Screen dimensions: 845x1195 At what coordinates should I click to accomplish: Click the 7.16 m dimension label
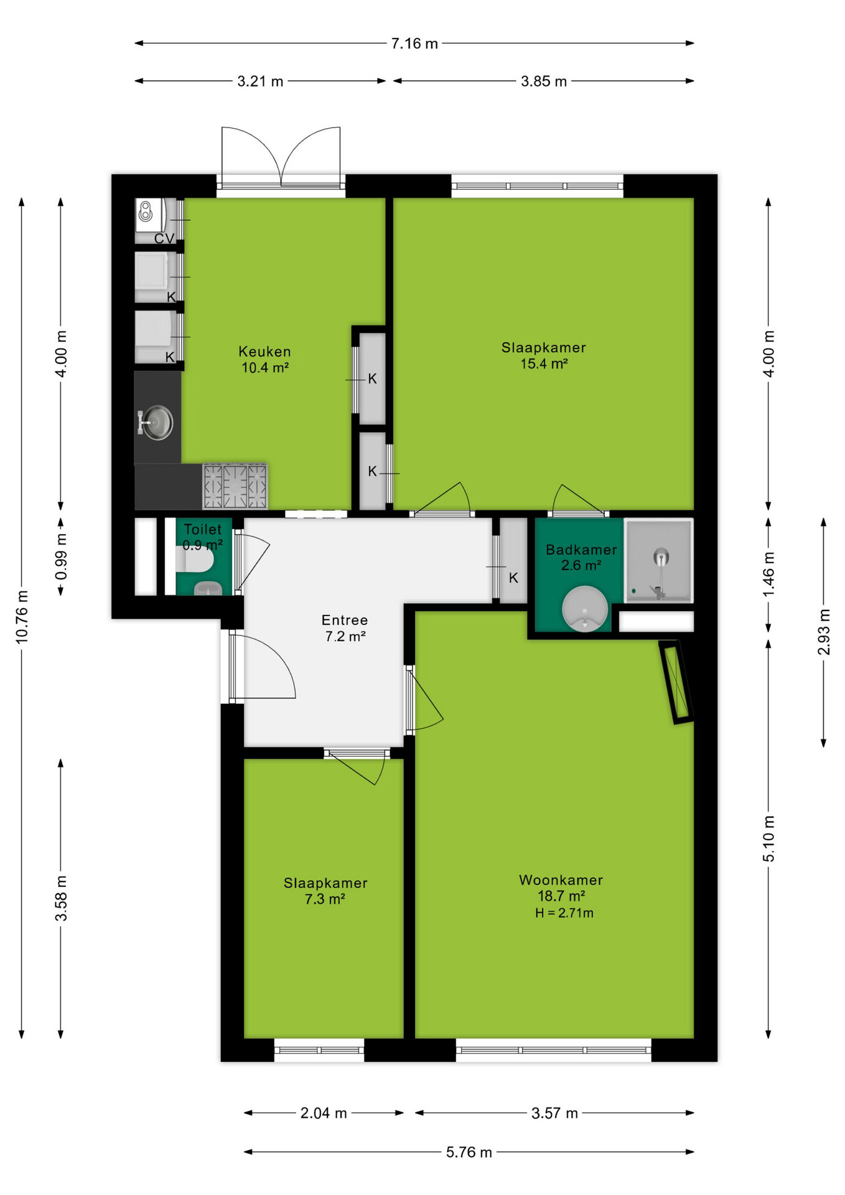414,44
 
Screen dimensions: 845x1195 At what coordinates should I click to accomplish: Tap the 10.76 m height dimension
22,617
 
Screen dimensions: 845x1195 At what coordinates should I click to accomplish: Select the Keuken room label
264,352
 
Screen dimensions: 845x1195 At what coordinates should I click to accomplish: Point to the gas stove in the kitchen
235,486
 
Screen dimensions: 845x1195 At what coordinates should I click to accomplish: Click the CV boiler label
164,239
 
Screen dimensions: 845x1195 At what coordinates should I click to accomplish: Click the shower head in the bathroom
661,556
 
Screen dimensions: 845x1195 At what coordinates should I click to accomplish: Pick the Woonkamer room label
561,880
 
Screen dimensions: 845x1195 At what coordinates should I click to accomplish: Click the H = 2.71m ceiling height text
564,913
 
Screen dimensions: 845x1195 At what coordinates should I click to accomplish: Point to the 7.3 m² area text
325,899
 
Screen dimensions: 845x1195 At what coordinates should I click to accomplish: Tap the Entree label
345,620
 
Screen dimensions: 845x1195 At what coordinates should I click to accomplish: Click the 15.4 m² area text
544,363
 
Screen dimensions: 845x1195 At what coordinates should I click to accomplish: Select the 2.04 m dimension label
324,1113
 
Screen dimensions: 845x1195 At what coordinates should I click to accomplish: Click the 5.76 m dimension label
469,1152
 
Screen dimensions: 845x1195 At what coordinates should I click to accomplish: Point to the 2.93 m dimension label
823,632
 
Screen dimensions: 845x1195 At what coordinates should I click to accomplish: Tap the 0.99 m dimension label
61,556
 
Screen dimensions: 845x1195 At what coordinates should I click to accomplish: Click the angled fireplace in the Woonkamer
676,682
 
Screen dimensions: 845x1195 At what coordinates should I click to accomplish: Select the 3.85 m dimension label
544,82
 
